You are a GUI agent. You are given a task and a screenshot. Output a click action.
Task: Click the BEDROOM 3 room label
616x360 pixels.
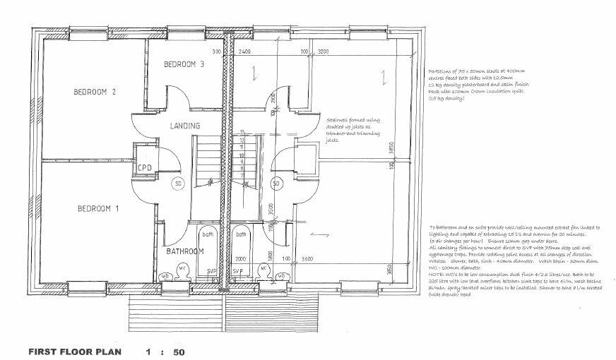click(184, 65)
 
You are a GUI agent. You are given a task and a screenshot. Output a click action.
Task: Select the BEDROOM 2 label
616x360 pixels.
click(95, 92)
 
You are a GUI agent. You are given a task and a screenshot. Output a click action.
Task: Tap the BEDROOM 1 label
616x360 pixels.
click(98, 208)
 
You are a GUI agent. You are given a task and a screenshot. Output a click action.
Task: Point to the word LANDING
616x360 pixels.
click(186, 126)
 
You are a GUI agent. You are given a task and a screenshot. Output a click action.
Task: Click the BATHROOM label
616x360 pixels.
click(185, 251)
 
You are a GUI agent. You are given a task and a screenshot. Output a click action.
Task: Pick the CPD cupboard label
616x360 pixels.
click(146, 167)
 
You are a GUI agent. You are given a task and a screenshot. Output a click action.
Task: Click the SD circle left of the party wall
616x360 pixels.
click(179, 184)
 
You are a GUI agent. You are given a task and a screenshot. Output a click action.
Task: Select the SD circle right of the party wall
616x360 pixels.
click(277, 184)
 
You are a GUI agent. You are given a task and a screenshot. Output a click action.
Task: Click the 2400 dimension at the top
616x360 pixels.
click(244, 52)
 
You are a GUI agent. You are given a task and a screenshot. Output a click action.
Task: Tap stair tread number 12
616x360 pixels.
click(242, 140)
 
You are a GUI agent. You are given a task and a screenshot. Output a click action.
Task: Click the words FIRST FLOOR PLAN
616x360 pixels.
click(75, 351)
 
